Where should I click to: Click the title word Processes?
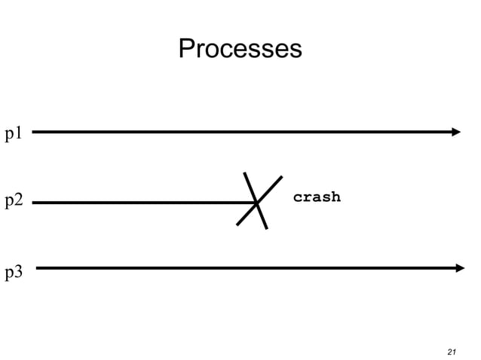(240, 49)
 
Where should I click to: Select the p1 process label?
(14, 135)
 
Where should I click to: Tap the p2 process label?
(14, 202)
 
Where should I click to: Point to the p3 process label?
(14, 273)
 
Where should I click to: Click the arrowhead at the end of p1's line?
(455, 132)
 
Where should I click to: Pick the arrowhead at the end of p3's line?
(460, 267)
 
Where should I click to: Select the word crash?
(317, 197)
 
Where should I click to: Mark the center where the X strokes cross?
(257, 202)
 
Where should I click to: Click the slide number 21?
(452, 352)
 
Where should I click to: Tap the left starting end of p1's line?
(34, 132)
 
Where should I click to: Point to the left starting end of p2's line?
(34, 203)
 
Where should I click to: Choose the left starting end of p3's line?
(38, 267)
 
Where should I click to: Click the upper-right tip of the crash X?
(281, 177)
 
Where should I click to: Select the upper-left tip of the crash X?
(245, 174)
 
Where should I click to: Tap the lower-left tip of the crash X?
(237, 224)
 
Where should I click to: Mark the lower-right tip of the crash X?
(266, 228)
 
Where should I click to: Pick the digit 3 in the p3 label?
(19, 272)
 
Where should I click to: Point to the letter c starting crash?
(298, 198)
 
